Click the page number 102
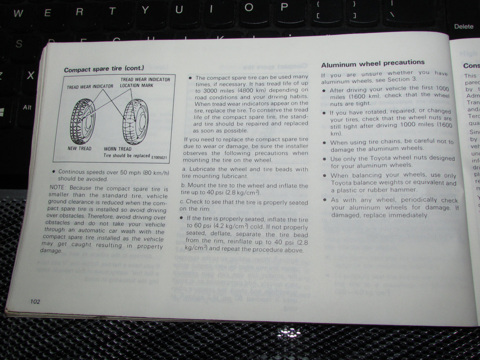coord(35,302)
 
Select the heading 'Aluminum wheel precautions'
coord(373,63)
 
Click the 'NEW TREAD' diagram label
coord(79,148)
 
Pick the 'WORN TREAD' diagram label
coord(118,149)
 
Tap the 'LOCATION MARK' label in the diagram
coord(137,85)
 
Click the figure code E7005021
coord(159,157)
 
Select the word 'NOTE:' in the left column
coord(57,188)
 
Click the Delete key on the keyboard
coord(463,26)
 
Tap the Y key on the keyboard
coord(145,11)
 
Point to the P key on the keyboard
coord(284,7)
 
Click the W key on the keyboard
coord(18,13)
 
